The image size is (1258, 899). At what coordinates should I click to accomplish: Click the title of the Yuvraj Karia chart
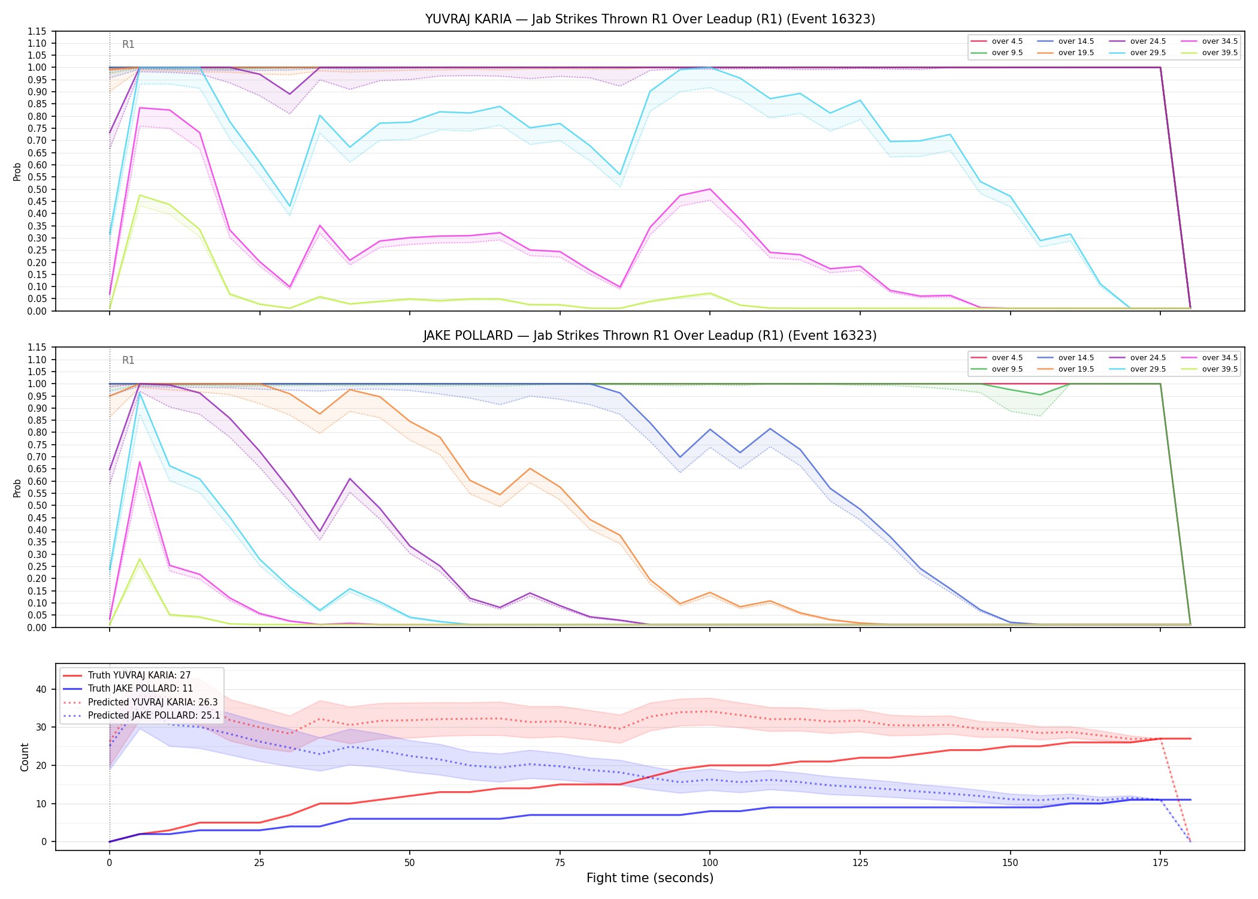650,19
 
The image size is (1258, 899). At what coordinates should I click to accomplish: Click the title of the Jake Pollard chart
650,336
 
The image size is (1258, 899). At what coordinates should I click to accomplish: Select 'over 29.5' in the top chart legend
1148,53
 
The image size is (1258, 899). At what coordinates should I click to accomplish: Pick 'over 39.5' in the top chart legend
1220,53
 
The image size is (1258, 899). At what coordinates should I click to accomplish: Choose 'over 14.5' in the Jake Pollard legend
1076,358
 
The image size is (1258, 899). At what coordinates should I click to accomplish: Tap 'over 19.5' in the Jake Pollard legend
1076,369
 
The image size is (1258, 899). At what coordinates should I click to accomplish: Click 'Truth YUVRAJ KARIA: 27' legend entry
139,675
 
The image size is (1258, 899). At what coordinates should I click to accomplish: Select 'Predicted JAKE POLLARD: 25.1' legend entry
154,716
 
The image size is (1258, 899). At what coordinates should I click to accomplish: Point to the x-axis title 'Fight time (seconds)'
650,878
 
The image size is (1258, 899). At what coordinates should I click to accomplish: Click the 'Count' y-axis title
25,757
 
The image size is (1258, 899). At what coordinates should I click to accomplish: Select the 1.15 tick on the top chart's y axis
37,31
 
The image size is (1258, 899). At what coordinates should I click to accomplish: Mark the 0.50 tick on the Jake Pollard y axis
37,506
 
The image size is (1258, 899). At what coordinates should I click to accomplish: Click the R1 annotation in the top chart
128,44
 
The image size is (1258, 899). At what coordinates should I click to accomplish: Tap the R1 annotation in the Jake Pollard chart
128,360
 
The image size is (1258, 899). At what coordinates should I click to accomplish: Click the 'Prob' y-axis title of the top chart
17,171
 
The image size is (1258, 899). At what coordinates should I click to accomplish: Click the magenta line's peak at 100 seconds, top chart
709,189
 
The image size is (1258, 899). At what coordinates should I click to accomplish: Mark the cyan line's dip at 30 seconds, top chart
289,206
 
